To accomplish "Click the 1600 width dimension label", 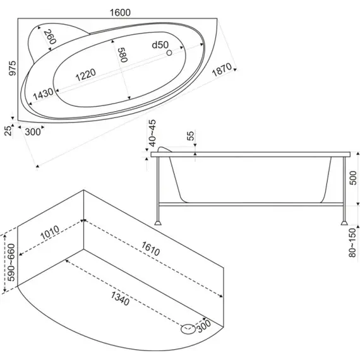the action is point(120,13).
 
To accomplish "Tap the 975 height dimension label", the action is point(12,68).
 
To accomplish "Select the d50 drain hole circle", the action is point(169,52).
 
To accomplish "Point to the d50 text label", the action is point(160,45).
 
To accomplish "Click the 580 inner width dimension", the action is point(123,55).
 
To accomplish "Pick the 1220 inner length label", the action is point(86,75).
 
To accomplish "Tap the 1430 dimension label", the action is point(44,94).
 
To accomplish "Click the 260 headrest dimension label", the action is point(50,37).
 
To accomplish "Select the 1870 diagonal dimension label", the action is point(222,70).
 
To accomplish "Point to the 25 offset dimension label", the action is point(8,131).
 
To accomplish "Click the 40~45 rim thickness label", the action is point(152,133).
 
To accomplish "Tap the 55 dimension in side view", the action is point(191,135).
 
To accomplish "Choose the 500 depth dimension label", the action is point(353,178).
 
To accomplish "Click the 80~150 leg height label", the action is point(352,243).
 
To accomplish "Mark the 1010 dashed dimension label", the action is point(50,233).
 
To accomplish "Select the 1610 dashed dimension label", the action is point(150,249).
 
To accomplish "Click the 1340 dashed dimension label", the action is point(120,299).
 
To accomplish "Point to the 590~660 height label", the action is point(11,262).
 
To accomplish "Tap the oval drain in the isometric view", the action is point(188,329).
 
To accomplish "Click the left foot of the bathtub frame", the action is point(157,223).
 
